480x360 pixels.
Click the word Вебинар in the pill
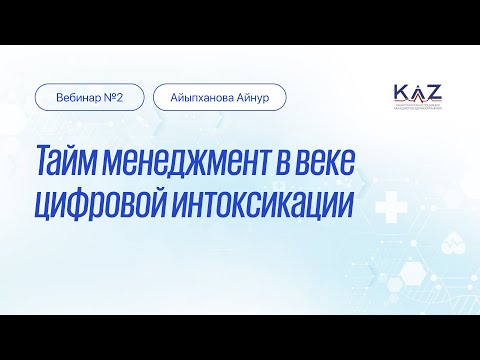[x=78, y=97]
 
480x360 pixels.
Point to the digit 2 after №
[x=120, y=97]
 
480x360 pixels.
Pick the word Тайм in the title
[x=68, y=163]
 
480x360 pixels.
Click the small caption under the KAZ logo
[x=418, y=107]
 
